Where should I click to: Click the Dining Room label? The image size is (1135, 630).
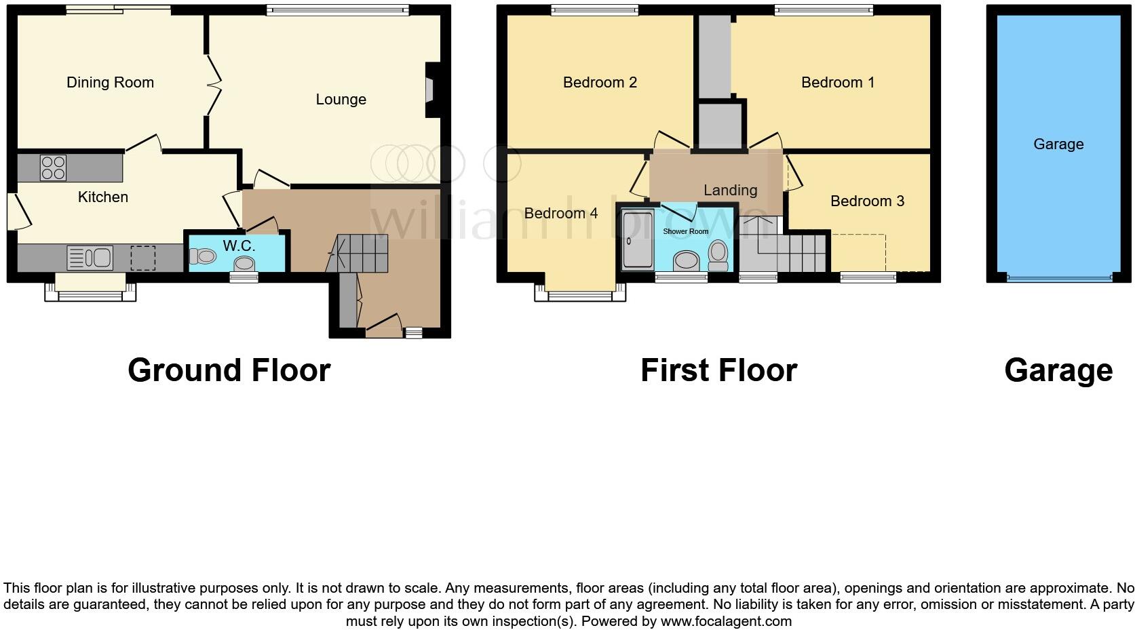pyautogui.click(x=110, y=83)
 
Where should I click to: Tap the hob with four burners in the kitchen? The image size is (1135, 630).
pyautogui.click(x=53, y=168)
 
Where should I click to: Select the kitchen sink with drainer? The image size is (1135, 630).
pyautogui.click(x=90, y=258)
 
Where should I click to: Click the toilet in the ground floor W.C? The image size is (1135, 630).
pyautogui.click(x=203, y=256)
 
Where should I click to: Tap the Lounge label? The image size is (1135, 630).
pyautogui.click(x=341, y=100)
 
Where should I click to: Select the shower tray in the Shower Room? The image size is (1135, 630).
pyautogui.click(x=636, y=241)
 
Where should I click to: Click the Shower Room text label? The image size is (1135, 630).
pyautogui.click(x=685, y=231)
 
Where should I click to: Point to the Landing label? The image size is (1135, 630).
pyautogui.click(x=730, y=191)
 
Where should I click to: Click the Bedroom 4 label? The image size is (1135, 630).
pyautogui.click(x=560, y=214)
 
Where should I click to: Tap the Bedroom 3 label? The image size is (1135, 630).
pyautogui.click(x=867, y=201)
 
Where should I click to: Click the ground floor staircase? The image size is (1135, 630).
pyautogui.click(x=360, y=253)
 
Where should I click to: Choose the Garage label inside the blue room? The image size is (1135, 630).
pyautogui.click(x=1058, y=144)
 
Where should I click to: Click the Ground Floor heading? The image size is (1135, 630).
pyautogui.click(x=229, y=370)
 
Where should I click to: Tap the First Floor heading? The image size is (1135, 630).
pyautogui.click(x=718, y=370)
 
